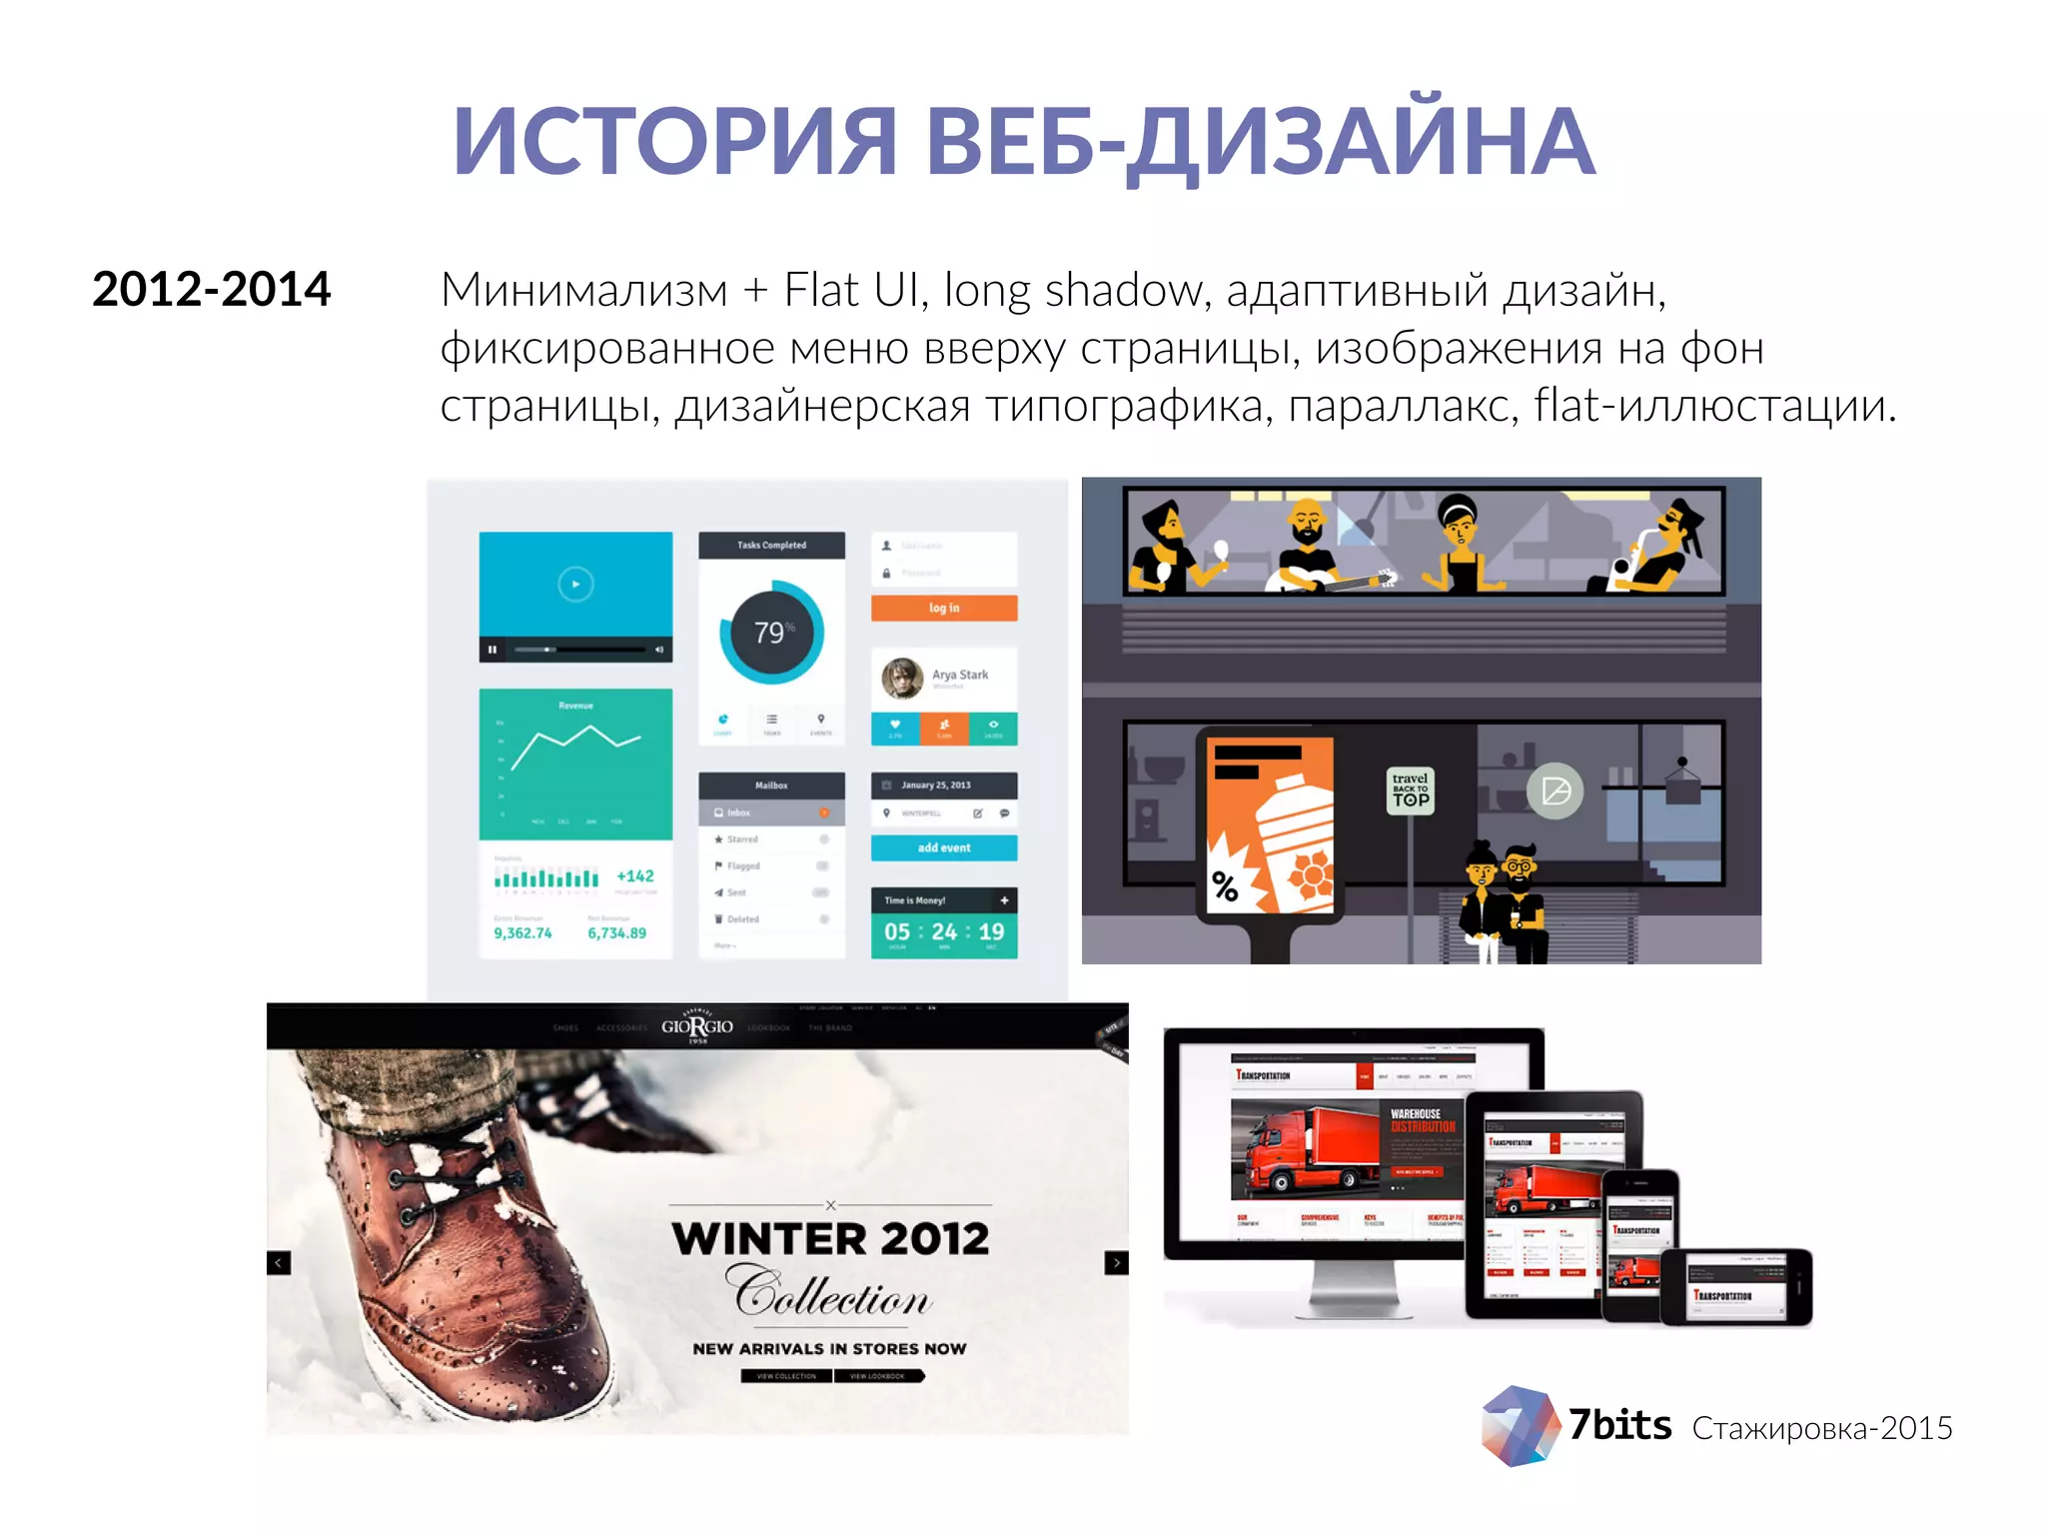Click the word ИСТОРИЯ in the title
point(675,142)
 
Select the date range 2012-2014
point(211,290)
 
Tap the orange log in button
point(944,608)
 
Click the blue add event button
point(944,847)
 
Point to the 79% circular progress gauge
point(771,632)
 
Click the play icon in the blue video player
point(575,584)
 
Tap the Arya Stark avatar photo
point(902,679)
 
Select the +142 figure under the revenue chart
point(635,876)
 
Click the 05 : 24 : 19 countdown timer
point(944,931)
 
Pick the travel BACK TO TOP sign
point(1411,790)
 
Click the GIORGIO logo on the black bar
point(697,1027)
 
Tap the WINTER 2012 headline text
point(830,1239)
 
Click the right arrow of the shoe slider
point(1116,1263)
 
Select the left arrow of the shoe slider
point(279,1263)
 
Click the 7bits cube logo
point(1520,1426)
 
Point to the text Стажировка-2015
point(1822,1429)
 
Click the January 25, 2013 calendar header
point(944,785)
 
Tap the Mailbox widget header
point(771,785)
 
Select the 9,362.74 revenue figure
point(522,933)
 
